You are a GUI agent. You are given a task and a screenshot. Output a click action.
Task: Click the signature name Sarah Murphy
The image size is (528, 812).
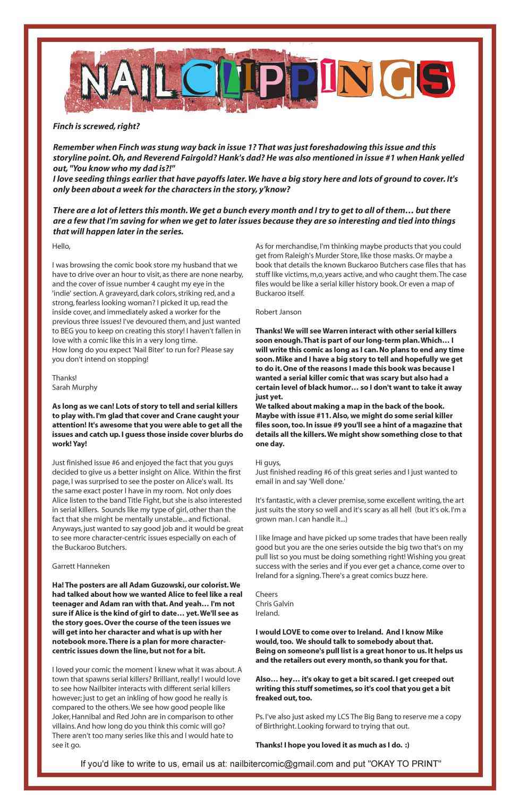[74, 387]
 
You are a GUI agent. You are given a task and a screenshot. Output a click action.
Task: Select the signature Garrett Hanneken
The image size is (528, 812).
[81, 566]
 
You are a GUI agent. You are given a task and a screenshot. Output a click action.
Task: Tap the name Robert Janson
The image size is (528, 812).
[278, 312]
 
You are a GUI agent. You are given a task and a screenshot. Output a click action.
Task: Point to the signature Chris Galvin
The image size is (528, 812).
[274, 604]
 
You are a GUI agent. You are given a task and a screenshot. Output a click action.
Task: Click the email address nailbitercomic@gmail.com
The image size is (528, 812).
[282, 764]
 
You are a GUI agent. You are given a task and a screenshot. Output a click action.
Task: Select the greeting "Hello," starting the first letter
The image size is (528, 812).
[62, 247]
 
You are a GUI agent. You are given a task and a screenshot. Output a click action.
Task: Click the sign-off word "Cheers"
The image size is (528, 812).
[267, 594]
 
